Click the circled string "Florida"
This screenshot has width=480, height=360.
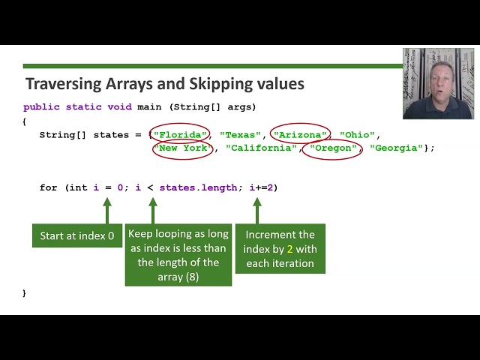coord(181,135)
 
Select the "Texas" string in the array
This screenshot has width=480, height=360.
coord(241,135)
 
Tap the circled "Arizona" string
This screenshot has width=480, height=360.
coord(301,135)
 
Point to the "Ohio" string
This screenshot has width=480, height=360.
coord(357,135)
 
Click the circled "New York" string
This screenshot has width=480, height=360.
coord(183,148)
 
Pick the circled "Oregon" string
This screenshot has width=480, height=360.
coord(331,148)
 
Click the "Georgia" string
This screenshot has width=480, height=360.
coord(396,148)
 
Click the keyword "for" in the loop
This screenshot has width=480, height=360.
coord(48,187)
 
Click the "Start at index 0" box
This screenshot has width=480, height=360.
coord(77,235)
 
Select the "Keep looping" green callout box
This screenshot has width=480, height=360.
coord(178,255)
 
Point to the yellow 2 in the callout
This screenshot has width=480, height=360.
coord(290,249)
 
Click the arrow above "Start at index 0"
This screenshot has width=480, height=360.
coord(106,210)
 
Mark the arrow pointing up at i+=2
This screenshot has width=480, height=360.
coord(256,210)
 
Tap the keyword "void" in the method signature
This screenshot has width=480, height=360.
coord(119,106)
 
